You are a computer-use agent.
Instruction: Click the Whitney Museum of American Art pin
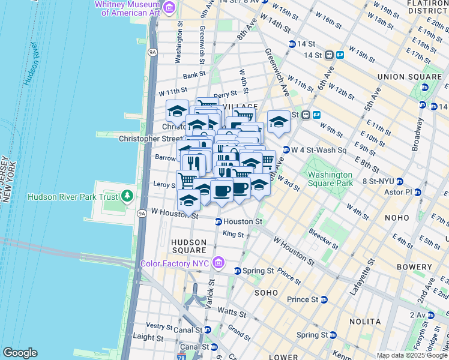(170, 8)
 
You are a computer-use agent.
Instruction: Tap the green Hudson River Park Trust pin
(127, 196)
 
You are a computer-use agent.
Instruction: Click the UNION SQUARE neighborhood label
(409, 77)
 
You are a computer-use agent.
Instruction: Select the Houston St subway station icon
(218, 222)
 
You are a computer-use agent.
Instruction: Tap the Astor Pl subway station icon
(418, 192)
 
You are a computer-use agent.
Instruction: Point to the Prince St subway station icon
(324, 299)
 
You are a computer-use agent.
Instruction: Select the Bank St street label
(194, 76)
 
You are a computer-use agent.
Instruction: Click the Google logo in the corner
(20, 353)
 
